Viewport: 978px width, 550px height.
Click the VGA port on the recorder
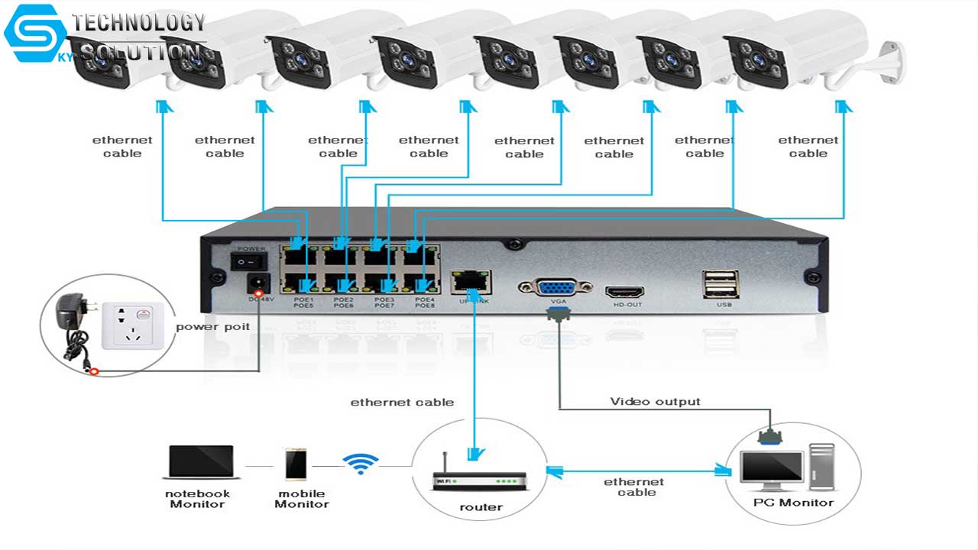pyautogui.click(x=555, y=287)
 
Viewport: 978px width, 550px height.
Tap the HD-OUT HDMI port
pyautogui.click(x=624, y=292)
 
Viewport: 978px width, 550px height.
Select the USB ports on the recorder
pyautogui.click(x=720, y=284)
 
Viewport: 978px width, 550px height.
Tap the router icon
pyautogui.click(x=480, y=481)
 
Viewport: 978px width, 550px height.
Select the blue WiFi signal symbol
pyautogui.click(x=361, y=462)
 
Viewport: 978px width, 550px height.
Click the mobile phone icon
pyautogui.click(x=296, y=464)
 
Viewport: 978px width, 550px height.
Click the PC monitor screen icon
pyautogui.click(x=772, y=469)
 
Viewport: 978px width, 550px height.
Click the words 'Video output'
pyautogui.click(x=655, y=401)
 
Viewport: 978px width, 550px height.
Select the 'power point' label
pyautogui.click(x=213, y=327)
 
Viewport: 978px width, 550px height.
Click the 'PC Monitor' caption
pyautogui.click(x=793, y=503)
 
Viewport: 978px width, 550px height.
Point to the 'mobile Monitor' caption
pyautogui.click(x=301, y=499)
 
